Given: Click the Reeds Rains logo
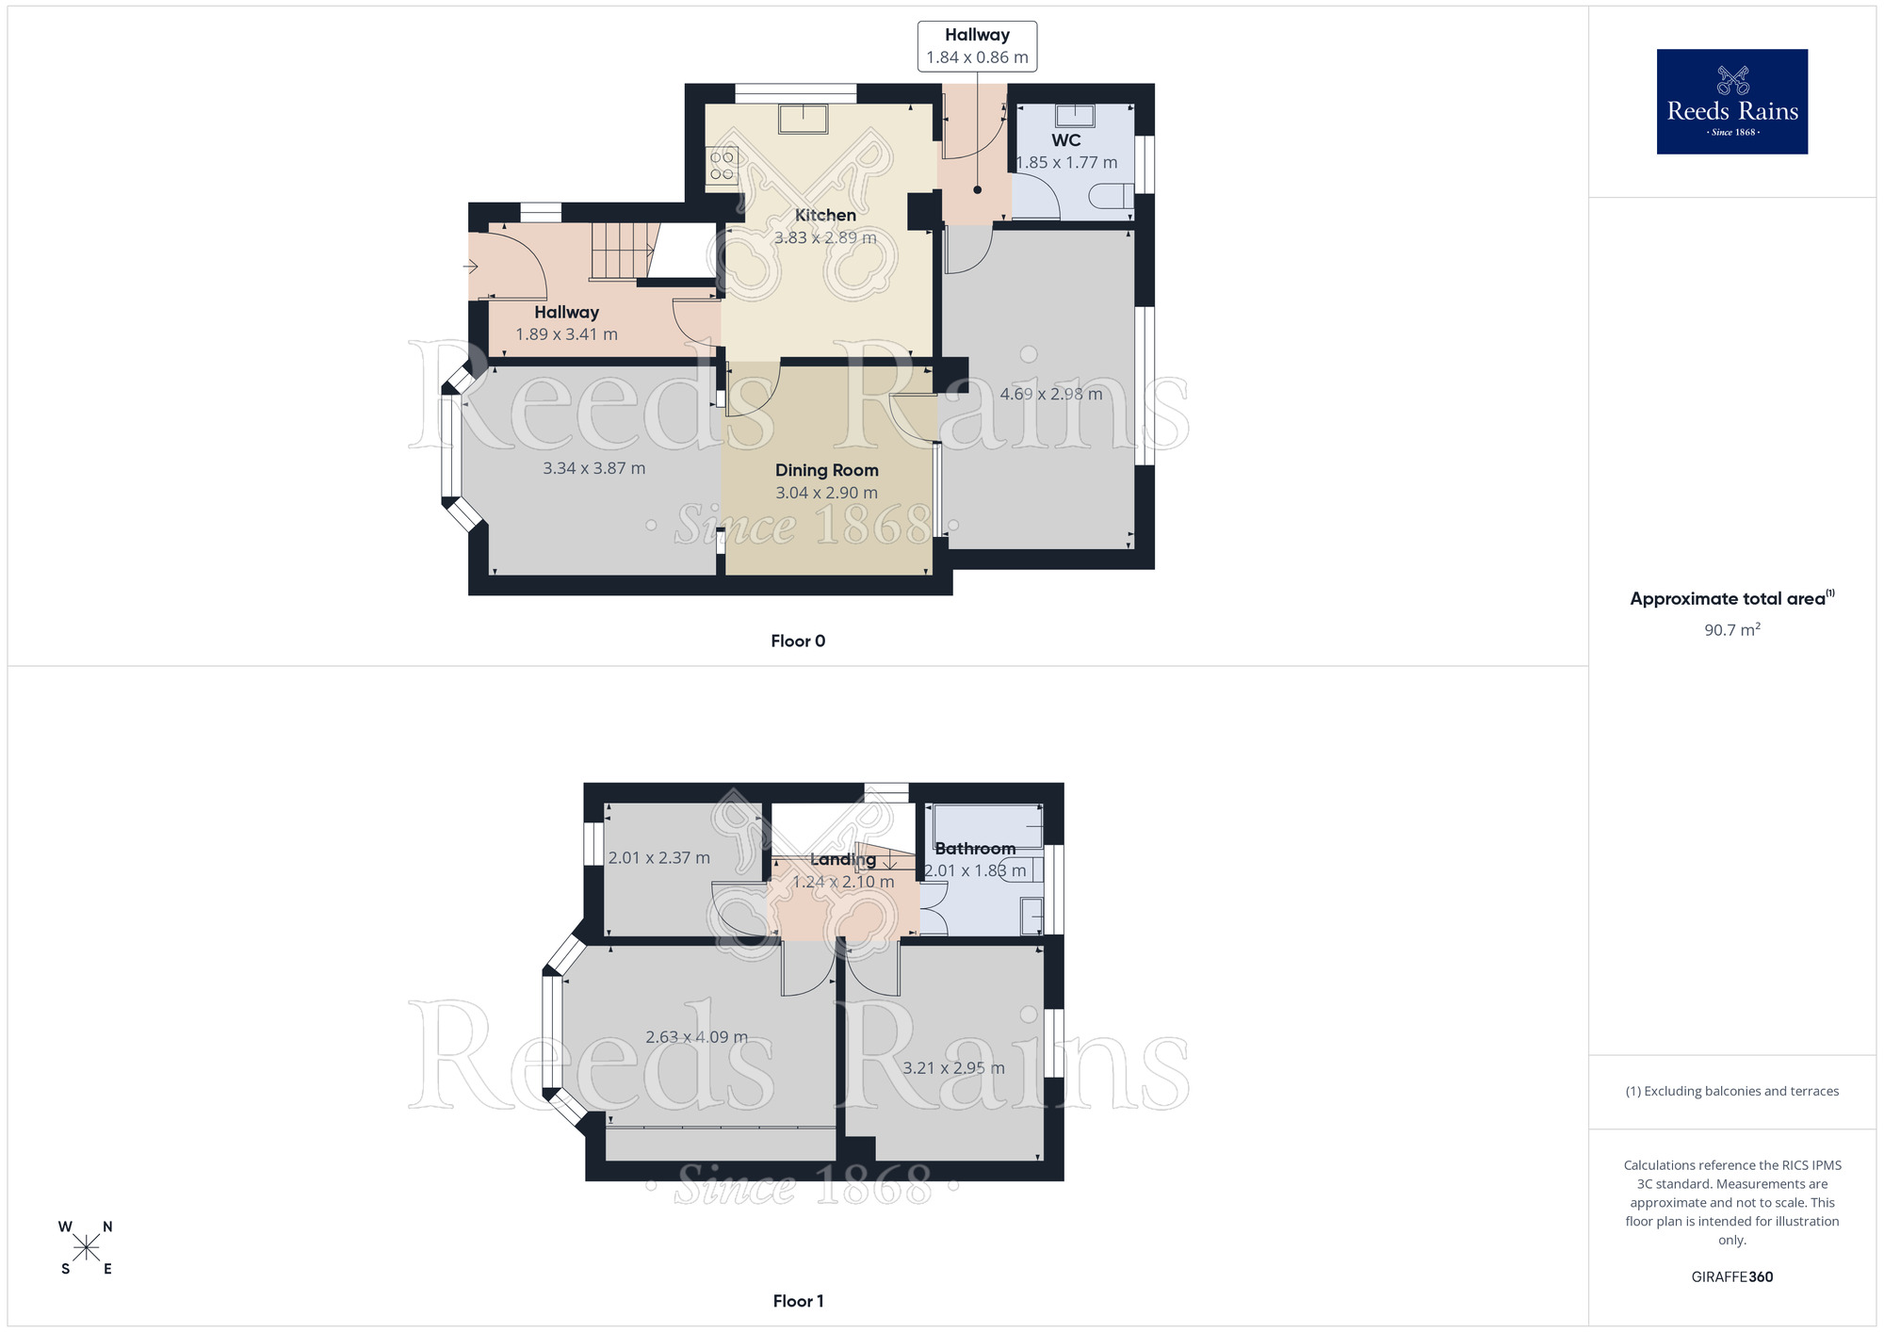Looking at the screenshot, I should coord(1731,102).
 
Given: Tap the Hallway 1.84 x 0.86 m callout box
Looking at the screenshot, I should coord(977,46).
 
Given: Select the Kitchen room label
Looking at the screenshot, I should coord(825,215).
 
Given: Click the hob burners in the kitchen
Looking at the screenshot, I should coord(723,166).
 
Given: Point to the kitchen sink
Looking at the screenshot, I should coord(803,119).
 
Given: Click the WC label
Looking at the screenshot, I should coord(1065,140).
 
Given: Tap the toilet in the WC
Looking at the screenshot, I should coord(1112,196).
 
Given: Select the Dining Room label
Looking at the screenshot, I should coord(826,470).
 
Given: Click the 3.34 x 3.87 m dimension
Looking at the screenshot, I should coord(593,468).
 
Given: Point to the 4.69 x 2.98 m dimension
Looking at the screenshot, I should coord(1050,394).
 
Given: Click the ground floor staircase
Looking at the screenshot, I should coord(622,250).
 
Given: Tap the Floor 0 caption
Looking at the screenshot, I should coord(798,641).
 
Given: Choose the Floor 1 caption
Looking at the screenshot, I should coord(798,1301).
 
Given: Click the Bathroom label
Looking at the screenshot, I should coord(975,849).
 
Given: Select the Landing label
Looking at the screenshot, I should coord(842,859).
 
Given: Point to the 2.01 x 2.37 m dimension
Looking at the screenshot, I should coord(658,858).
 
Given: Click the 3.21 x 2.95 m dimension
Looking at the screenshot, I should coord(953,1068).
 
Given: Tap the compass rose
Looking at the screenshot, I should coord(86,1248).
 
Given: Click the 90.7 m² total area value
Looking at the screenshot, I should coord(1731,629).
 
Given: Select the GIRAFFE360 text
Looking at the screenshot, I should coord(1731,1276).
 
